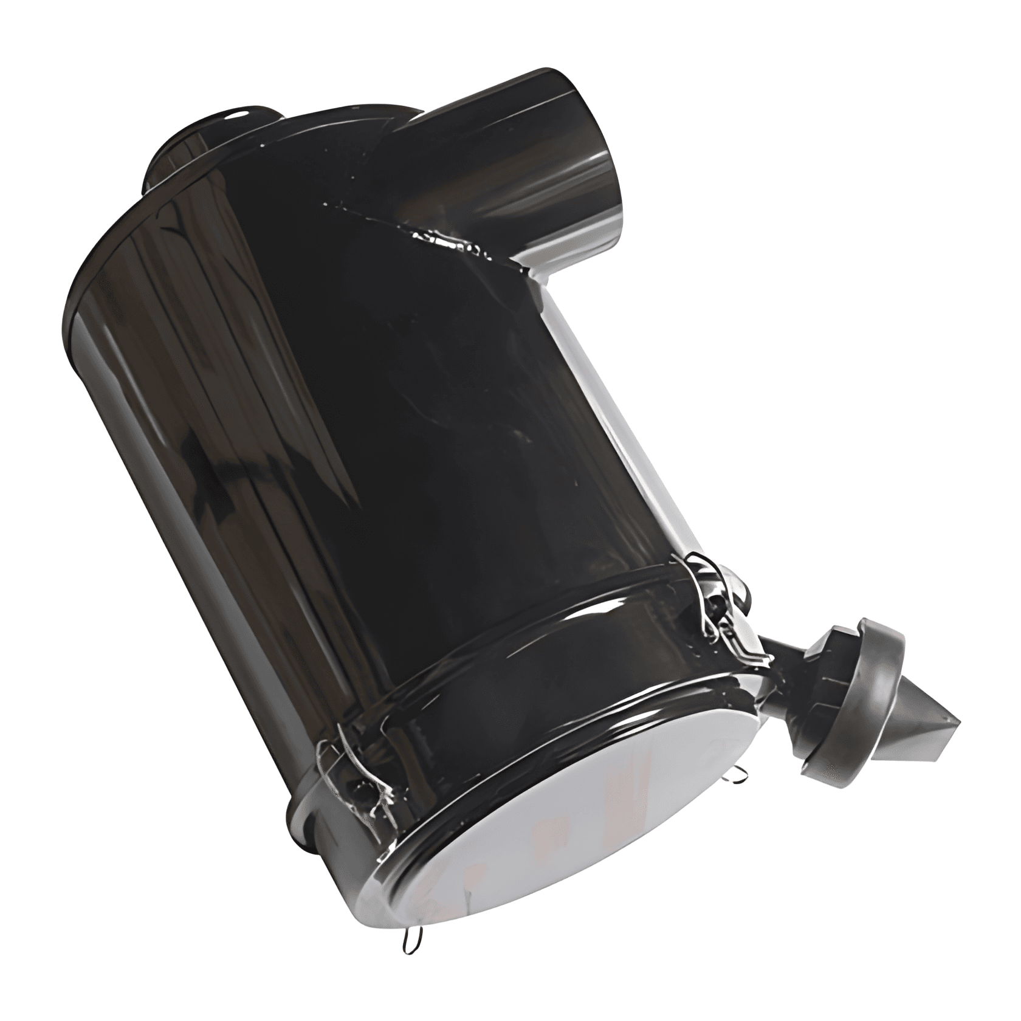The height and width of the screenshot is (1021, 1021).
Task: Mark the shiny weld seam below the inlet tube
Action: pos(450,237)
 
